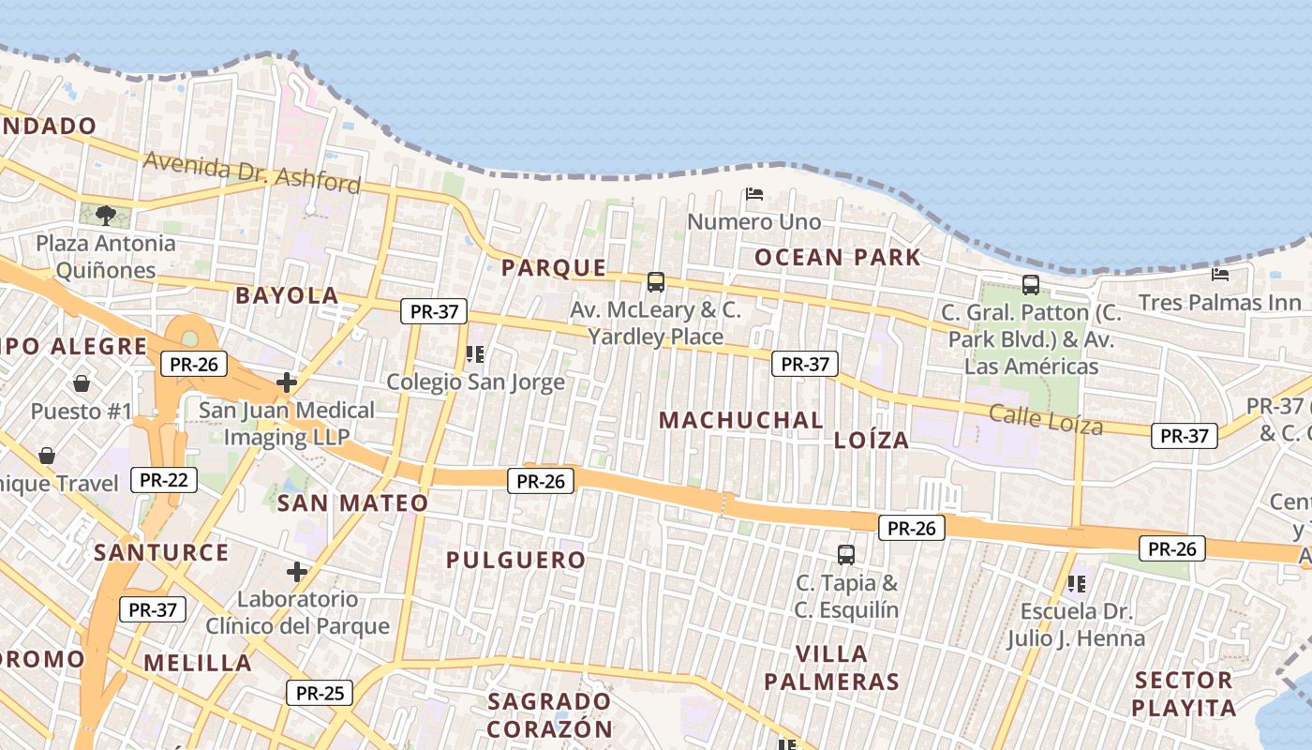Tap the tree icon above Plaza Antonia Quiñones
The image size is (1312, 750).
106,216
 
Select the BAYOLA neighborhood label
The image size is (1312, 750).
287,295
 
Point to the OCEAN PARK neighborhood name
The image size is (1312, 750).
838,257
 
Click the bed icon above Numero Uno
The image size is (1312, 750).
754,194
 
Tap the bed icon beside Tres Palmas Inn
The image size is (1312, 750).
1220,275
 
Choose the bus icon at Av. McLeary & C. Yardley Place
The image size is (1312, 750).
656,281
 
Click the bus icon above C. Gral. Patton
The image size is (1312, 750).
1031,284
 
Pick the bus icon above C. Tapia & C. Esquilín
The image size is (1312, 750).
846,554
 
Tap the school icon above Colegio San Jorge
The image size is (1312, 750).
475,354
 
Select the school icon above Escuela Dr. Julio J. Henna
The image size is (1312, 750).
1077,584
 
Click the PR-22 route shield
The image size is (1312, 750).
164,481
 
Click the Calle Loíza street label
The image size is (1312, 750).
1046,418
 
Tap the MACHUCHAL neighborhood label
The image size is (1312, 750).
740,420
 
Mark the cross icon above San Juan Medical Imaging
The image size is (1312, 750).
287,382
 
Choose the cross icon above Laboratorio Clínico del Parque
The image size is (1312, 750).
297,571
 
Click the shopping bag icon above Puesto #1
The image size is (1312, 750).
82,383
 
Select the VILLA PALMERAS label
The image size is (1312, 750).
831,667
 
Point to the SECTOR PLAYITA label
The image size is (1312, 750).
1184,694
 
